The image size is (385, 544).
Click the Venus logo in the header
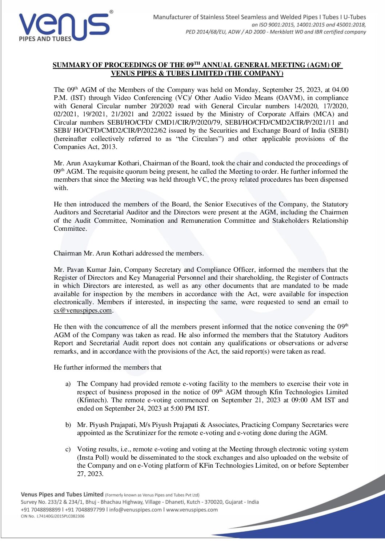pyautogui.click(x=64, y=26)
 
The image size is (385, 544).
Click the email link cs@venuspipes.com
pyautogui.click(x=83, y=310)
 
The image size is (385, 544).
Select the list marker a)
pyautogui.click(x=68, y=384)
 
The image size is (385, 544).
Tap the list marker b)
pyautogui.click(x=68, y=425)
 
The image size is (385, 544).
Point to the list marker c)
pyautogui.click(x=68, y=450)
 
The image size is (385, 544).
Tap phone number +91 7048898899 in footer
pyautogui.click(x=41, y=509)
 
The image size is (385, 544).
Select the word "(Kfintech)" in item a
pyautogui.click(x=93, y=400)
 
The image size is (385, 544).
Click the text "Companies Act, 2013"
pyautogui.click(x=85, y=147)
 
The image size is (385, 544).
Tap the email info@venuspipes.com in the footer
pyautogui.click(x=135, y=509)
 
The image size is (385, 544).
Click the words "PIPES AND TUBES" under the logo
pyautogui.click(x=45, y=39)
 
